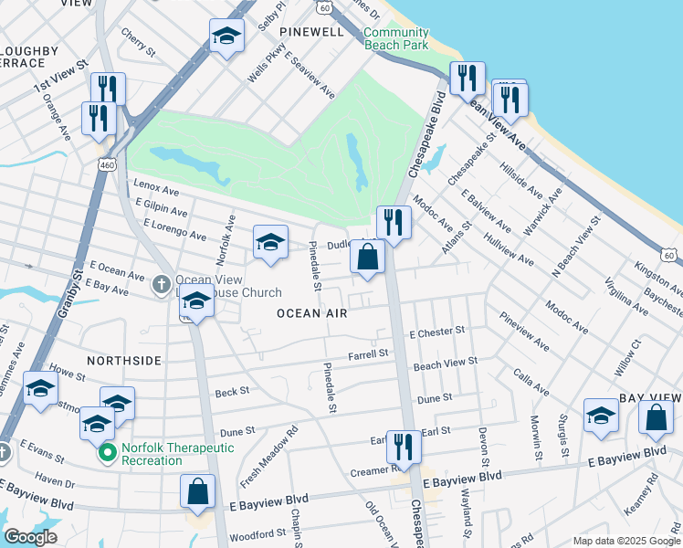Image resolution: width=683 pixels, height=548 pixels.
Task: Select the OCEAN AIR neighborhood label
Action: click(312, 313)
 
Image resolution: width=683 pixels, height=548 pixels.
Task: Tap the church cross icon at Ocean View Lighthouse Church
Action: click(161, 283)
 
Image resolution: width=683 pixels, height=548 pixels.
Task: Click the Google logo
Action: click(30, 537)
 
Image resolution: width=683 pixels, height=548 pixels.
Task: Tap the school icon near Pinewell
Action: click(226, 37)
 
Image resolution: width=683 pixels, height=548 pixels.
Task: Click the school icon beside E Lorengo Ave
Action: click(270, 243)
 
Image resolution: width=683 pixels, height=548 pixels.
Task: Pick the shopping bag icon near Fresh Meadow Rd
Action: click(198, 492)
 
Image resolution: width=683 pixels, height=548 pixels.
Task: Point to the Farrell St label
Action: click(368, 353)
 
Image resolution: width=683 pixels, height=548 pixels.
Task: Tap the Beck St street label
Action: click(232, 391)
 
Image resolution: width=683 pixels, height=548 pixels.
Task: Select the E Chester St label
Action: click(437, 332)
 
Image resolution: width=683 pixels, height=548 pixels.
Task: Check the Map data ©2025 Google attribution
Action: click(625, 541)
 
